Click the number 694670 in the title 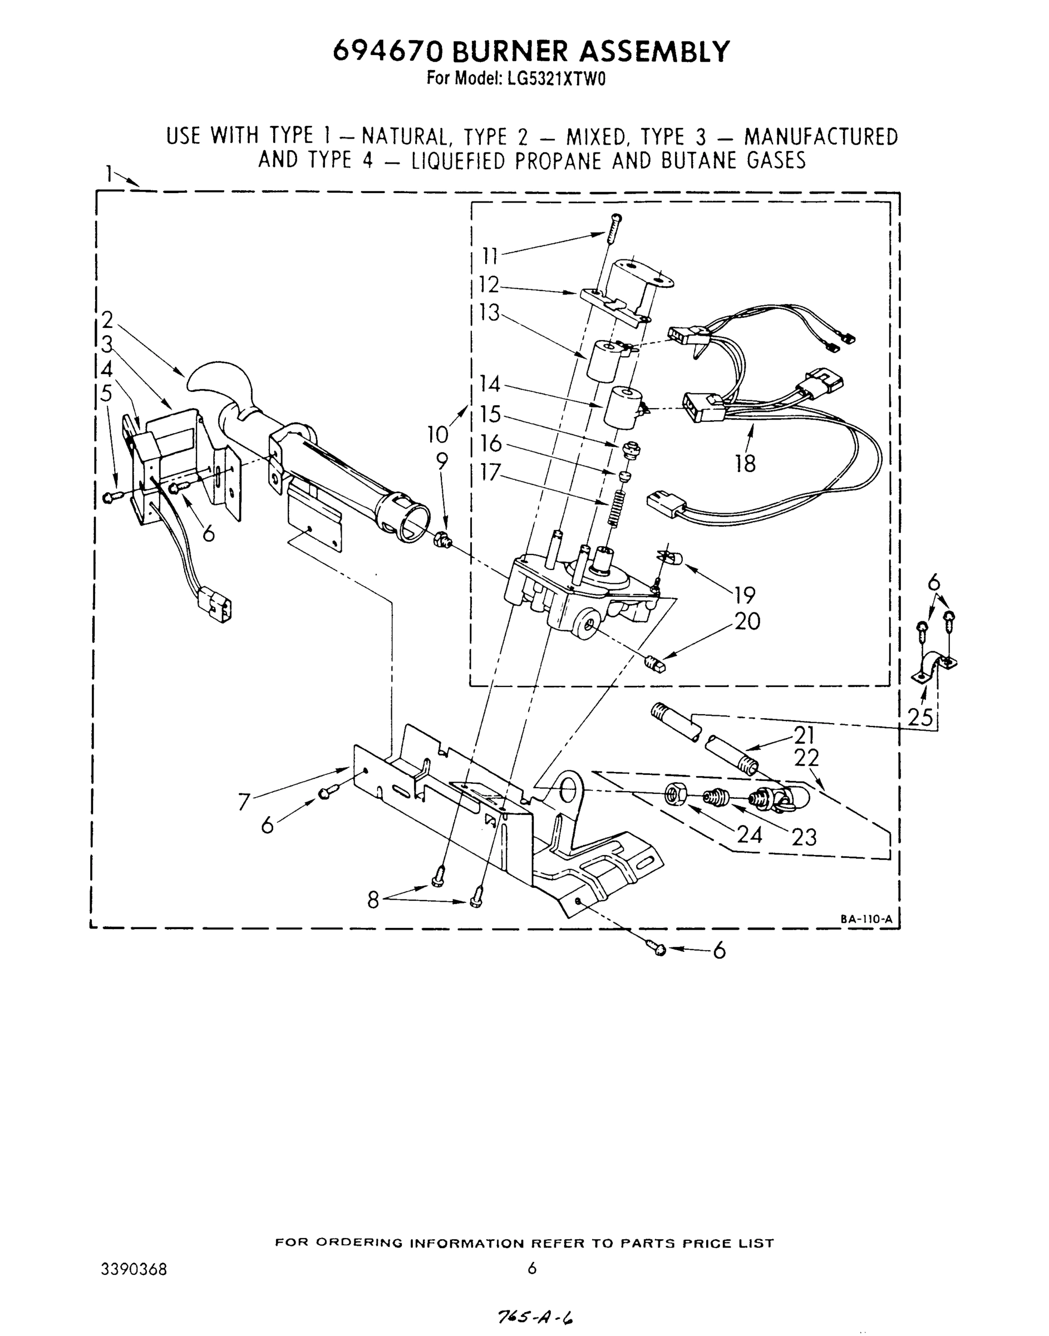click(x=387, y=52)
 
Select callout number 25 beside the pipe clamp click(x=920, y=717)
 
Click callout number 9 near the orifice click(x=442, y=461)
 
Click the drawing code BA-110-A click(x=866, y=920)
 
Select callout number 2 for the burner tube click(x=107, y=320)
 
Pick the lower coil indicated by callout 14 click(x=622, y=406)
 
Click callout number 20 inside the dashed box click(x=747, y=622)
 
